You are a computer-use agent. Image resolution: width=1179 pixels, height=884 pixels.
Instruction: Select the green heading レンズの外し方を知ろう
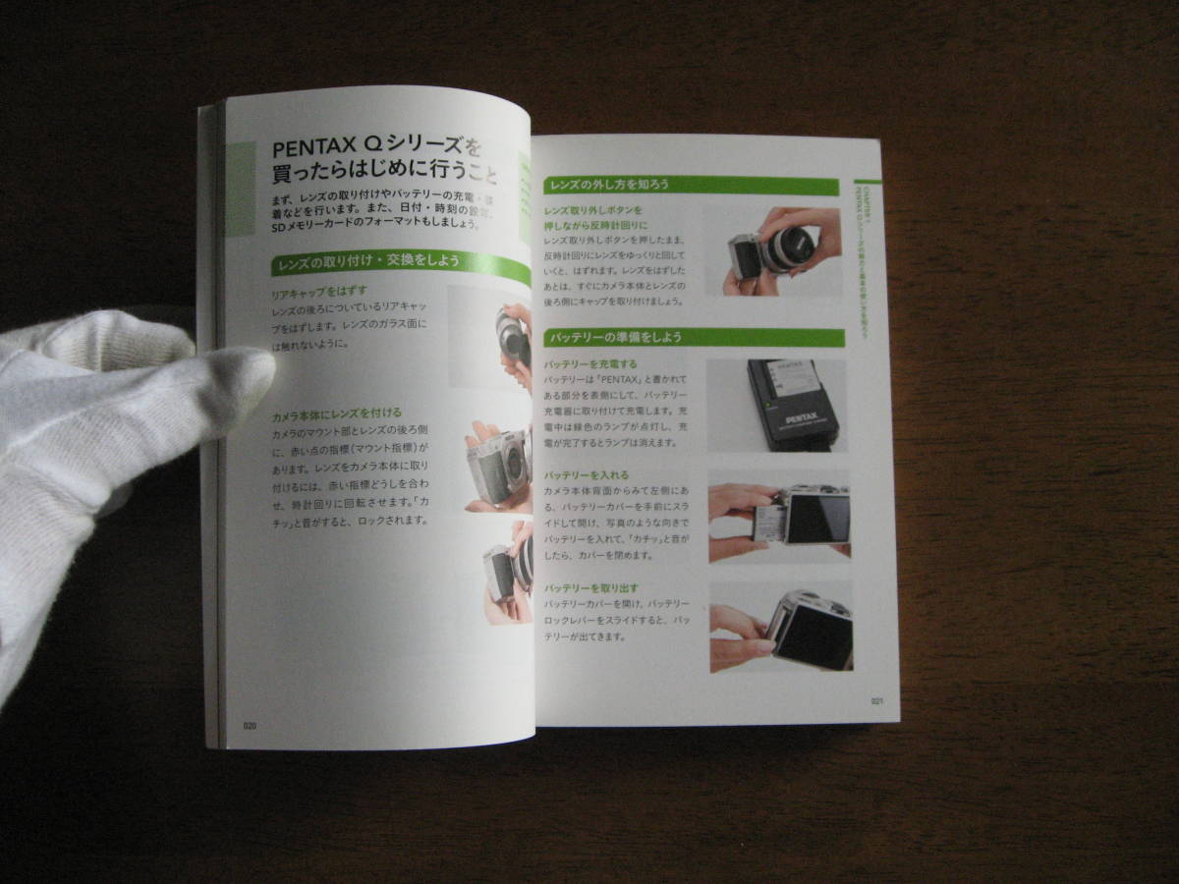(609, 185)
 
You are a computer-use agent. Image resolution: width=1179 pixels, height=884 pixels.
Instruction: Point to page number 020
(250, 726)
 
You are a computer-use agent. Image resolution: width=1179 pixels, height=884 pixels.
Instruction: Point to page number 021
(877, 701)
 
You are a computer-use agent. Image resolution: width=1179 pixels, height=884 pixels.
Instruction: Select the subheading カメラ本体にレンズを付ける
(337, 415)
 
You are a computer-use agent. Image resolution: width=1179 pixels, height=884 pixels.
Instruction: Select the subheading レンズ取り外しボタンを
(593, 210)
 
